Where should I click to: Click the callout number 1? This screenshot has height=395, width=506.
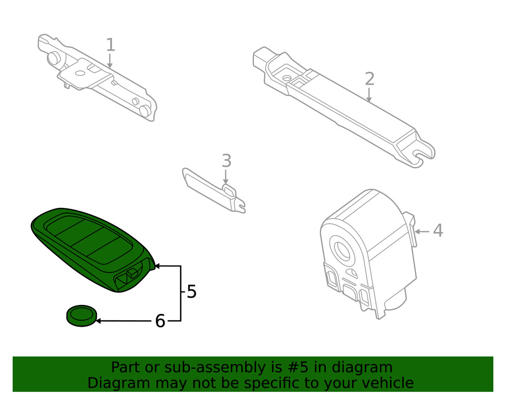point(110,45)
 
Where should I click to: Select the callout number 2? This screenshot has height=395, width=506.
point(369,79)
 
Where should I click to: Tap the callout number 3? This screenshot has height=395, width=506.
point(226,161)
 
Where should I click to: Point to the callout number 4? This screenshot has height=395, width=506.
point(438,231)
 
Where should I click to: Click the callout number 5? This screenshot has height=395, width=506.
point(191,292)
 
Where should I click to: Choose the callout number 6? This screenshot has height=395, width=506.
point(160,321)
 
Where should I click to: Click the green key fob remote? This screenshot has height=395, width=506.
point(91,248)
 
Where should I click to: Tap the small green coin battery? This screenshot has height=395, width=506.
point(81,316)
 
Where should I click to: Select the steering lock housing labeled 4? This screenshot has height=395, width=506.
point(367,253)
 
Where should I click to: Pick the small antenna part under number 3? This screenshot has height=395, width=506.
point(213,190)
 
